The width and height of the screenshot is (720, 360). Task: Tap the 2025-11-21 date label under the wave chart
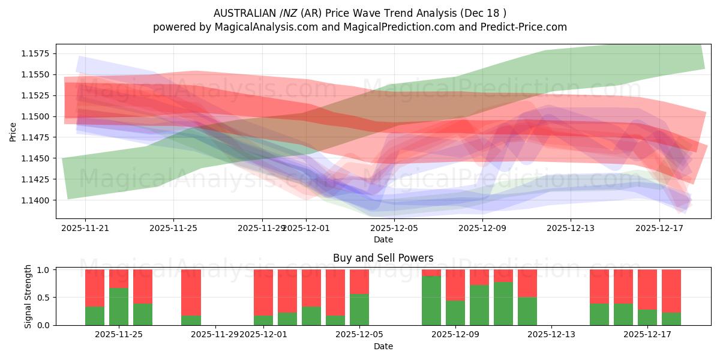pos(85,228)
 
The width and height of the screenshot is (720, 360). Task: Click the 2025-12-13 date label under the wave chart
pos(571,228)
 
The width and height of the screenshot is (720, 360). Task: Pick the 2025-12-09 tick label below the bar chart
pos(455,335)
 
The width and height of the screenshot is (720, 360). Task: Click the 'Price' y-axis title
pos(13,132)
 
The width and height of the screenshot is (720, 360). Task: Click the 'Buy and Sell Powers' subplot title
pos(383,259)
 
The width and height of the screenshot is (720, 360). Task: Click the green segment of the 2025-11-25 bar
pos(119,307)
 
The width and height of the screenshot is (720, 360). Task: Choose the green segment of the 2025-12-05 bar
pos(359,310)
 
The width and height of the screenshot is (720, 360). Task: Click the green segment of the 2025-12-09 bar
pos(455,313)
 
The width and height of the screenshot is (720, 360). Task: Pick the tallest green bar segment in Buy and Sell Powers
pos(431,301)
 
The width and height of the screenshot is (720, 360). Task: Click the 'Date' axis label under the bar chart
pos(383,346)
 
